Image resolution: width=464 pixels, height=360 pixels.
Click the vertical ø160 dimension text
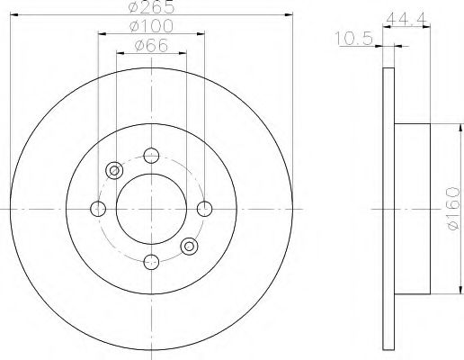click(x=455, y=209)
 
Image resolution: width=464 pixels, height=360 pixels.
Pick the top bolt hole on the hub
click(x=151, y=156)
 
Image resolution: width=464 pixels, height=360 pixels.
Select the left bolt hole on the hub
click(x=98, y=209)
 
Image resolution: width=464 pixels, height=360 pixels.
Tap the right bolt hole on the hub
click(x=205, y=209)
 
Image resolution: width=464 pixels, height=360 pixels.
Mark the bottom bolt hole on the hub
click(x=151, y=262)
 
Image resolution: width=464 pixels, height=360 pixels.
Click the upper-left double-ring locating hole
click(x=114, y=171)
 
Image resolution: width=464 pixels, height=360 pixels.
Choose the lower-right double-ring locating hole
click(x=189, y=247)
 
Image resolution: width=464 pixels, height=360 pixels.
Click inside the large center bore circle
click(x=151, y=209)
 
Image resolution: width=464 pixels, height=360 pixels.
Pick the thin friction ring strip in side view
click(x=388, y=209)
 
